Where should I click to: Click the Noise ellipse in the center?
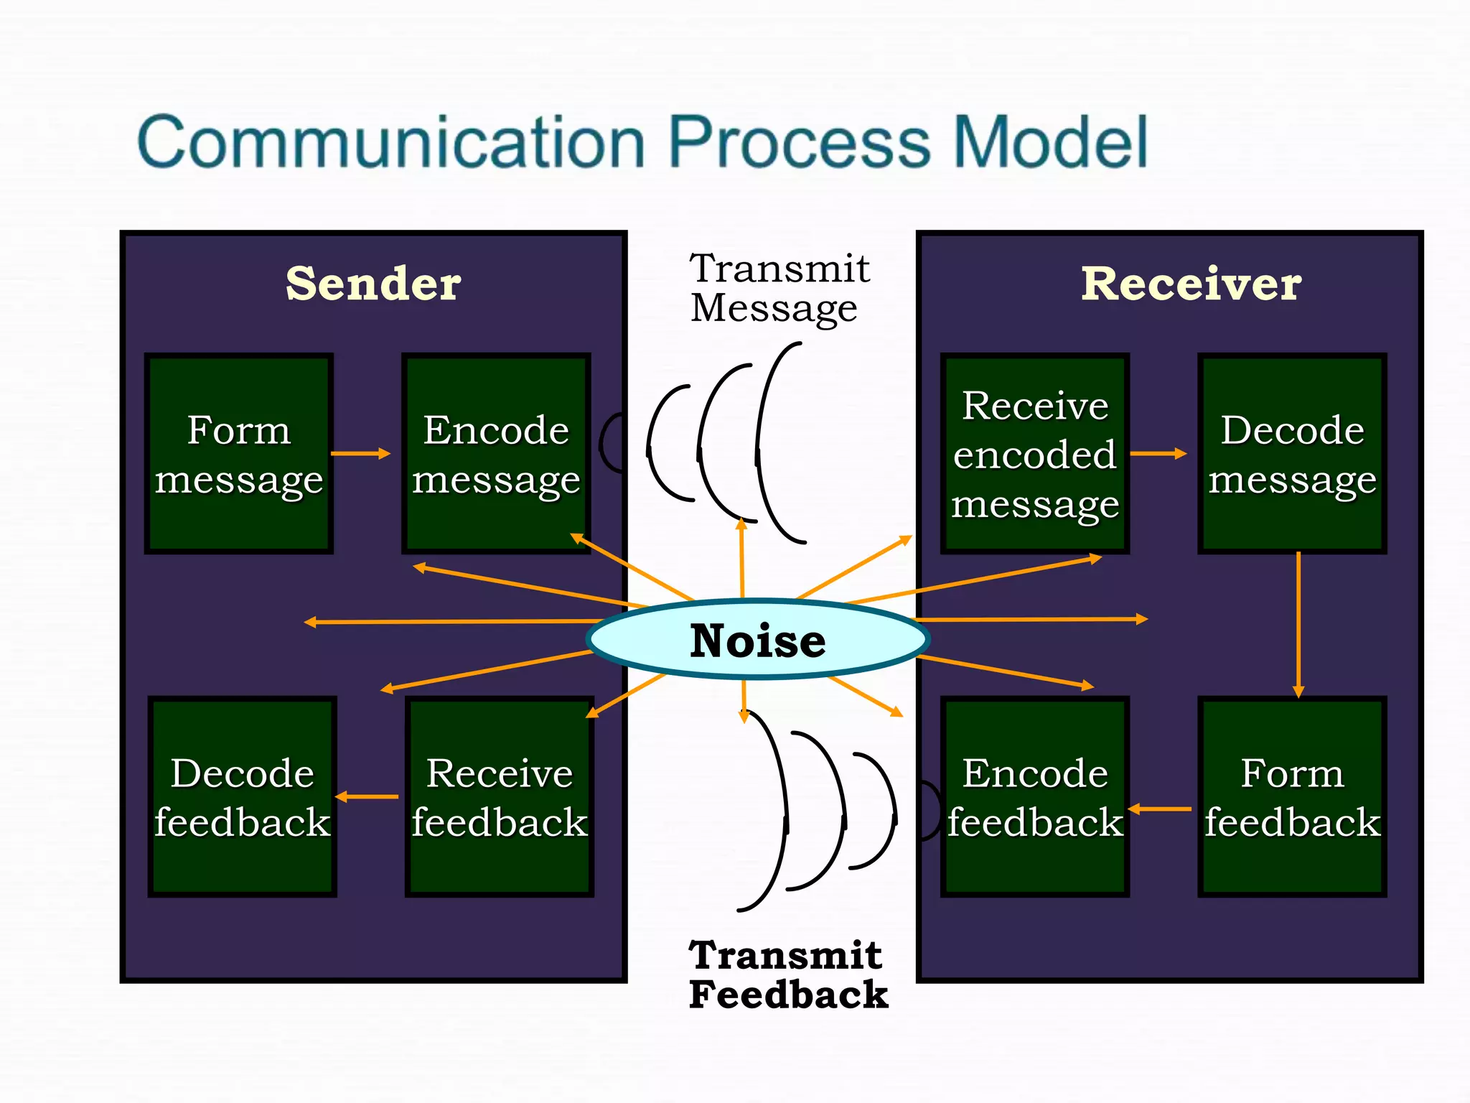click(757, 639)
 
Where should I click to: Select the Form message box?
click(239, 453)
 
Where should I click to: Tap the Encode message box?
click(496, 453)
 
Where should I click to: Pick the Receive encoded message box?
click(1034, 453)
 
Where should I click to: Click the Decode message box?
click(1292, 453)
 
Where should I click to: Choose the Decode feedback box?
click(242, 796)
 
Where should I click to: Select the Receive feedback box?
click(500, 796)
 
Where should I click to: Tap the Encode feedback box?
click(1034, 796)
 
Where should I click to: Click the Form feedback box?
click(1292, 796)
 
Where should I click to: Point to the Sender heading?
click(373, 284)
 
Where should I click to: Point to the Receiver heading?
click(1191, 284)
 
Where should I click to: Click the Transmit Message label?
click(779, 288)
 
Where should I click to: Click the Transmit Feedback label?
click(787, 974)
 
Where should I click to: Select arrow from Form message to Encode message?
click(360, 453)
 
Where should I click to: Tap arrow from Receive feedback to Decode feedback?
click(367, 796)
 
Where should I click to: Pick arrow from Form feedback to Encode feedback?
click(1161, 809)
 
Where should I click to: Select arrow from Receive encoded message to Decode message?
click(1158, 453)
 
